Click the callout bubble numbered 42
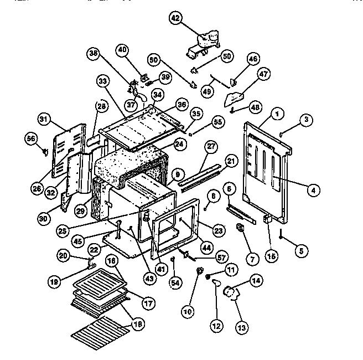[x=175, y=18]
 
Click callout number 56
[x=31, y=139]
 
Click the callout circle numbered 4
[x=313, y=190]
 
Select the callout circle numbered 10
[x=189, y=311]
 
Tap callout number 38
[x=93, y=53]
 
